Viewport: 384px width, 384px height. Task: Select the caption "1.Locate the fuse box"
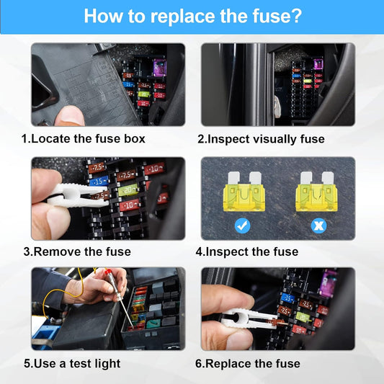(83, 138)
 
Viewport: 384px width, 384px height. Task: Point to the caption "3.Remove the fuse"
(77, 251)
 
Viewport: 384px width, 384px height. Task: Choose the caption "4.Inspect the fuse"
(246, 251)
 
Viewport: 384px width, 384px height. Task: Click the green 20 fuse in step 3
(128, 190)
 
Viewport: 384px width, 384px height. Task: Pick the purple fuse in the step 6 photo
(328, 282)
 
